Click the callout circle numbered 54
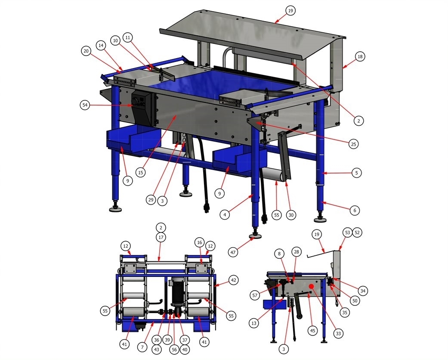pos(85,105)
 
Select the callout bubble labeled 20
pos(86,51)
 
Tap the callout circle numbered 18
pos(360,56)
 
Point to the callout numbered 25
pos(353,144)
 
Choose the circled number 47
pos(233,252)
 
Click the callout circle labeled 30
pos(291,215)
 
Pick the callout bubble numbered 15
pos(140,172)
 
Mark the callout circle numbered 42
pos(233,280)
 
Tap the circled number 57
pos(255,295)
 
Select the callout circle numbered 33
pos(338,333)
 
